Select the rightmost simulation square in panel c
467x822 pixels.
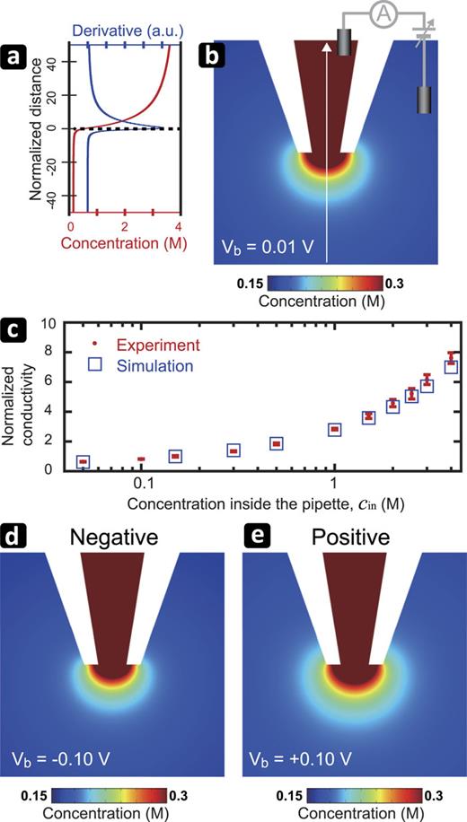tap(452, 366)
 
